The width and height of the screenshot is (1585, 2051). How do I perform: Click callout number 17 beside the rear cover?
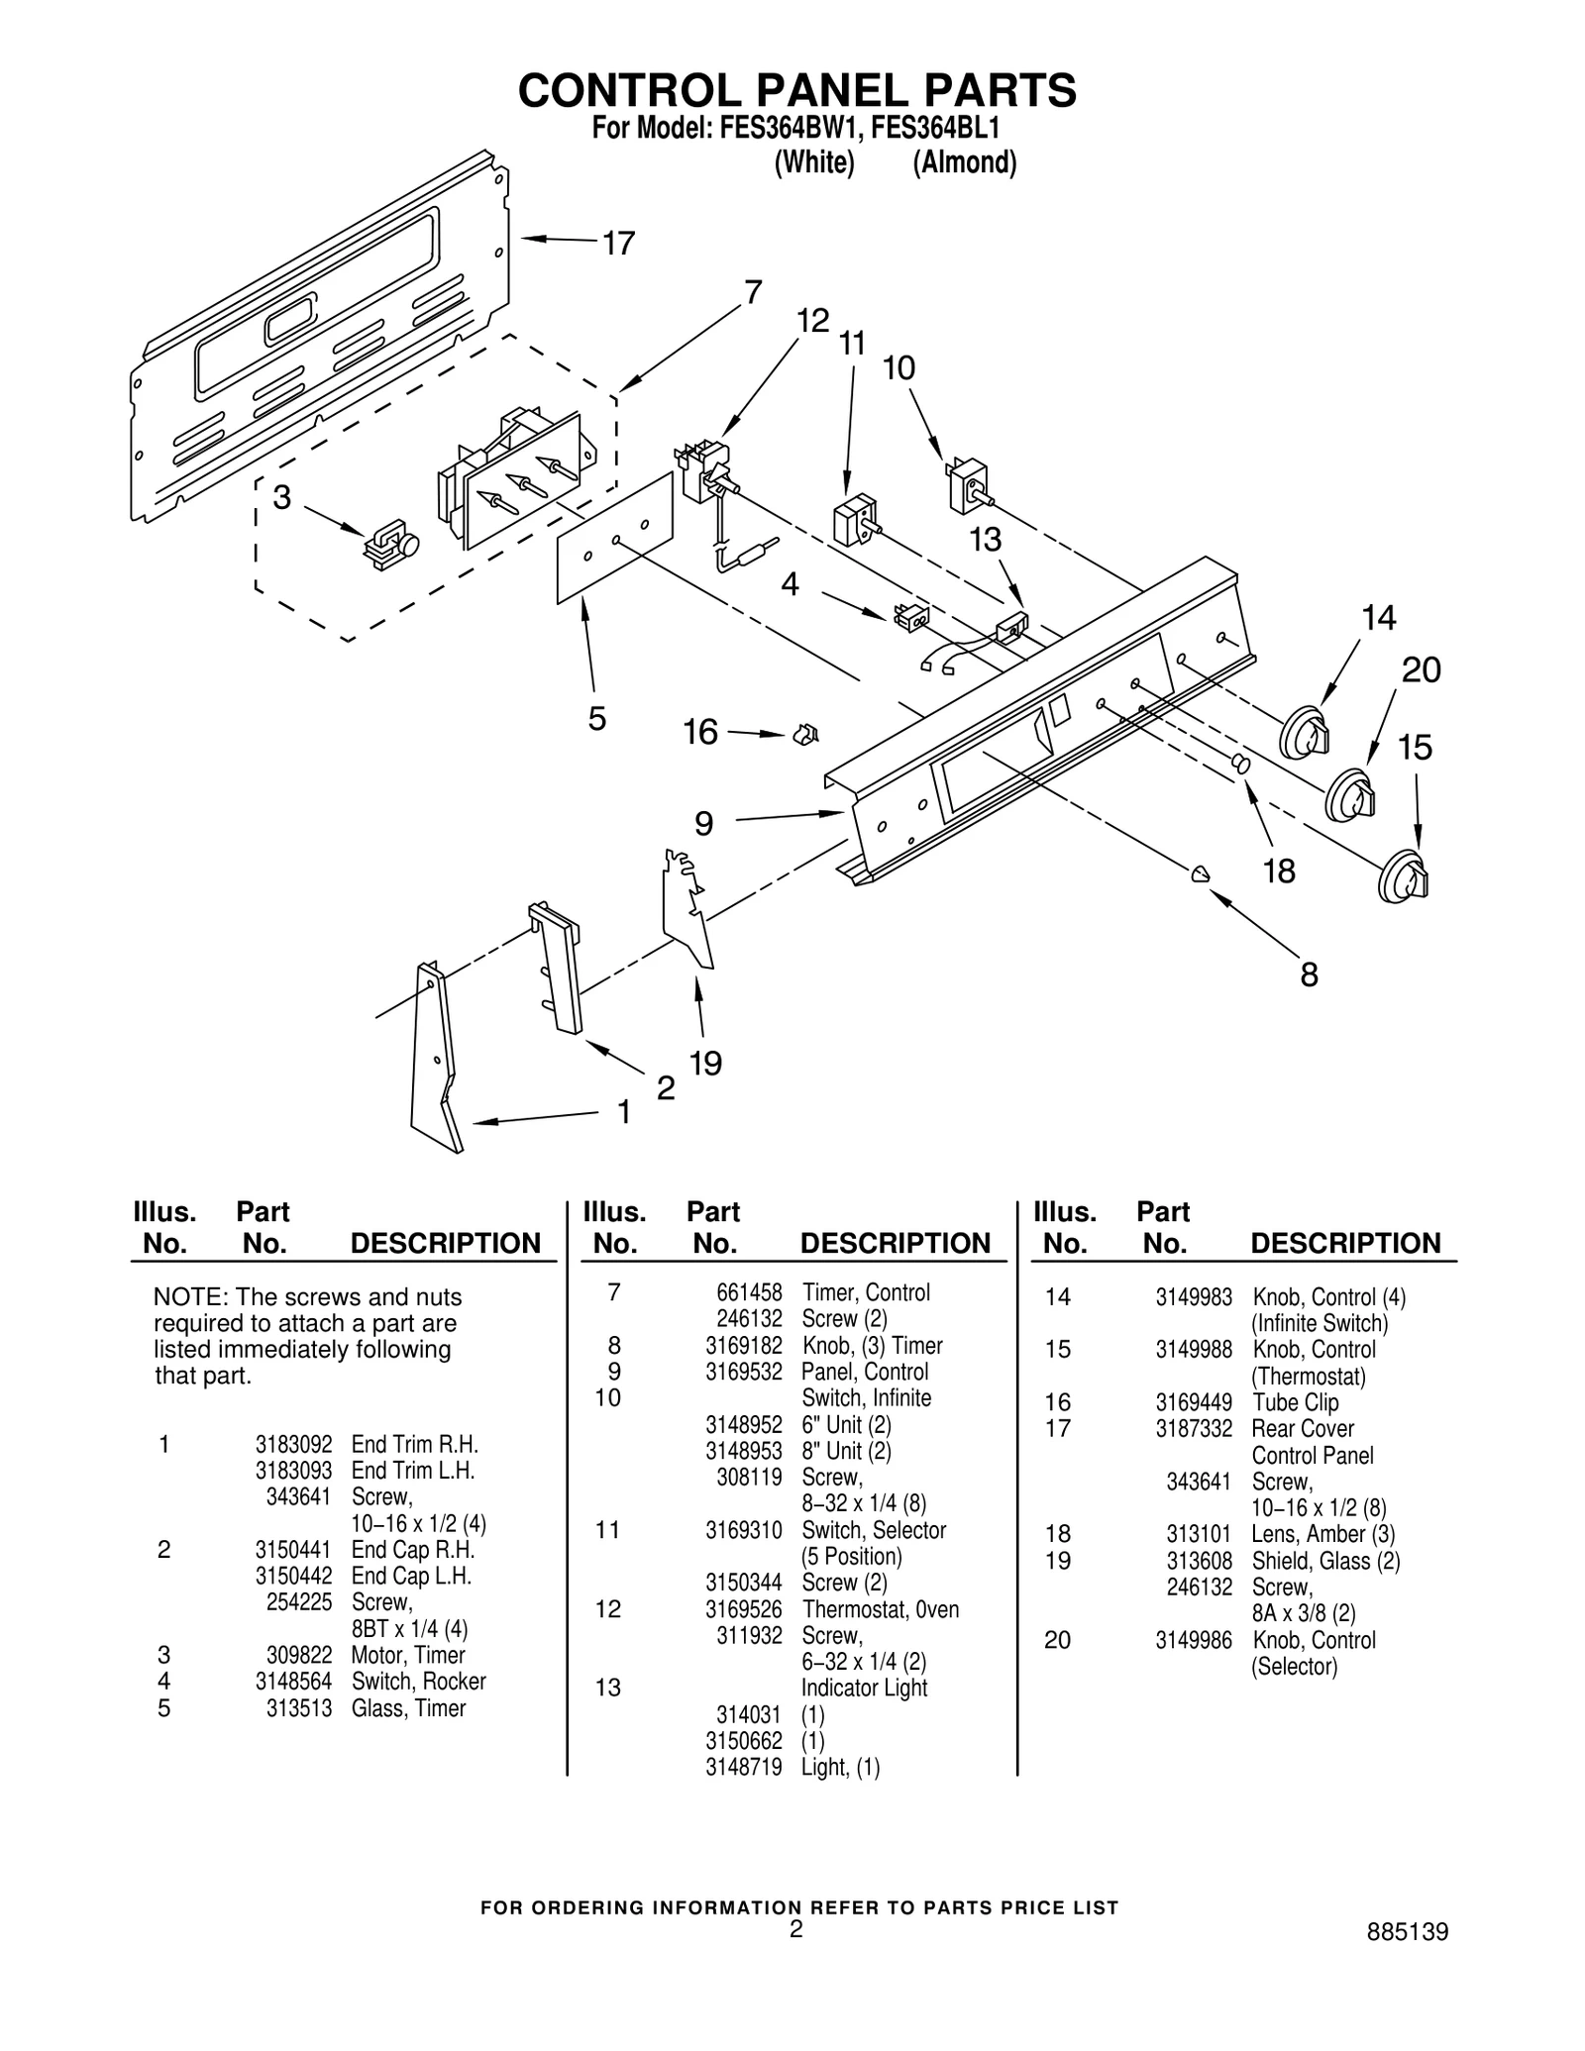[619, 243]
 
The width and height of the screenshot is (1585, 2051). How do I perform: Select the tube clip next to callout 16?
[804, 735]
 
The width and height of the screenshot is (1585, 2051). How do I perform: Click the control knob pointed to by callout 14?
[1305, 734]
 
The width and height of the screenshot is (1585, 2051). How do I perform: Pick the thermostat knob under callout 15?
[1404, 875]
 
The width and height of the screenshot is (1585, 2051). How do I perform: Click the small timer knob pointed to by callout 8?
[1200, 873]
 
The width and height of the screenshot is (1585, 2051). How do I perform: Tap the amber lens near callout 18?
[1238, 763]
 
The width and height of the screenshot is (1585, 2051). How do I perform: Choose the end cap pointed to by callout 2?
[557, 968]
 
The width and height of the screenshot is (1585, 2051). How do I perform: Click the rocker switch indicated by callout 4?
[910, 617]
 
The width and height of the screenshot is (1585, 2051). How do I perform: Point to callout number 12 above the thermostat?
[812, 321]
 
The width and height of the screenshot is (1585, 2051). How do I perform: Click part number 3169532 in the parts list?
[743, 1372]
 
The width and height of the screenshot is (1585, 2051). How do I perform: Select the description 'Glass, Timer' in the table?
[408, 1708]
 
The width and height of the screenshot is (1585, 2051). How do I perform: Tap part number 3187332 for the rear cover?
[1194, 1428]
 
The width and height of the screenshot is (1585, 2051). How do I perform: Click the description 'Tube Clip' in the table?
[1295, 1402]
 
